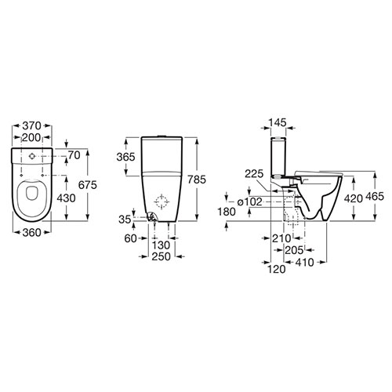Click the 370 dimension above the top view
[31, 126]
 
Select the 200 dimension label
[31, 137]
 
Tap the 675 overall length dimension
[88, 185]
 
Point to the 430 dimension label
[66, 198]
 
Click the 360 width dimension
[31, 233]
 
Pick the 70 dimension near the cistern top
[74, 155]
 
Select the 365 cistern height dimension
[125, 157]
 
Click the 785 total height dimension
[197, 180]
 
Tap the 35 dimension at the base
[125, 220]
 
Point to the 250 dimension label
[162, 256]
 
